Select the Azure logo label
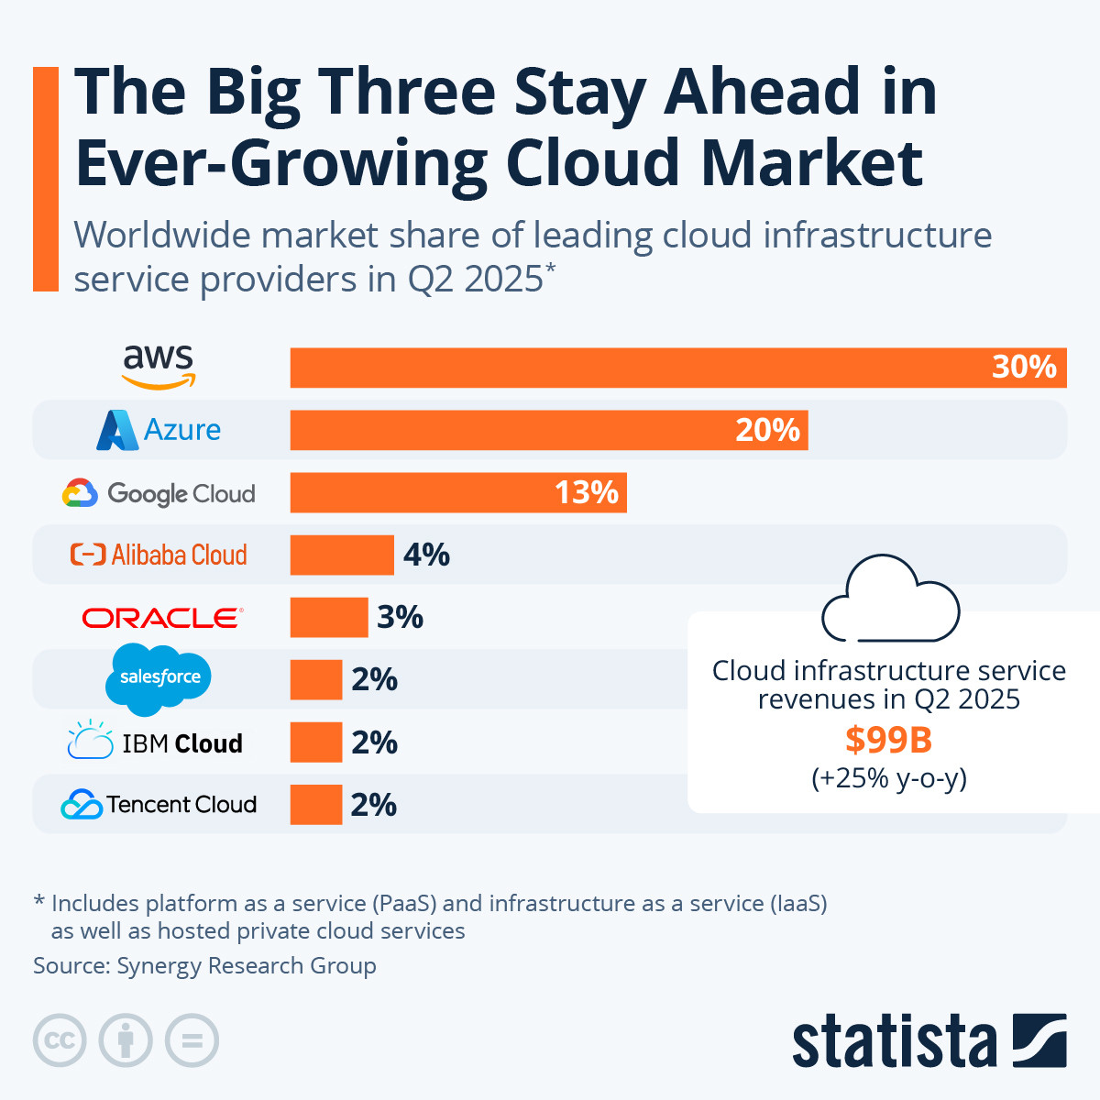[159, 430]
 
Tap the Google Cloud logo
[159, 493]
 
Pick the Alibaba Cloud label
[159, 555]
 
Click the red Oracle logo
[162, 618]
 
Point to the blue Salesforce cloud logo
[159, 678]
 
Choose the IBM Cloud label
[156, 742]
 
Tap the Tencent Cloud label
[159, 805]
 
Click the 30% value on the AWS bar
[1024, 368]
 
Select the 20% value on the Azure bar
[767, 430]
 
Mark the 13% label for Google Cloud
[587, 493]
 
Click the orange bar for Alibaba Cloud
[342, 555]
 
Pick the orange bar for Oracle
[328, 618]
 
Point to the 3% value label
[400, 618]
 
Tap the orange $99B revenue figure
[888, 739]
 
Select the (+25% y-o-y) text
[889, 778]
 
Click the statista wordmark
[894, 1041]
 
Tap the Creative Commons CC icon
[60, 1040]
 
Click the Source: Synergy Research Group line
[204, 966]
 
